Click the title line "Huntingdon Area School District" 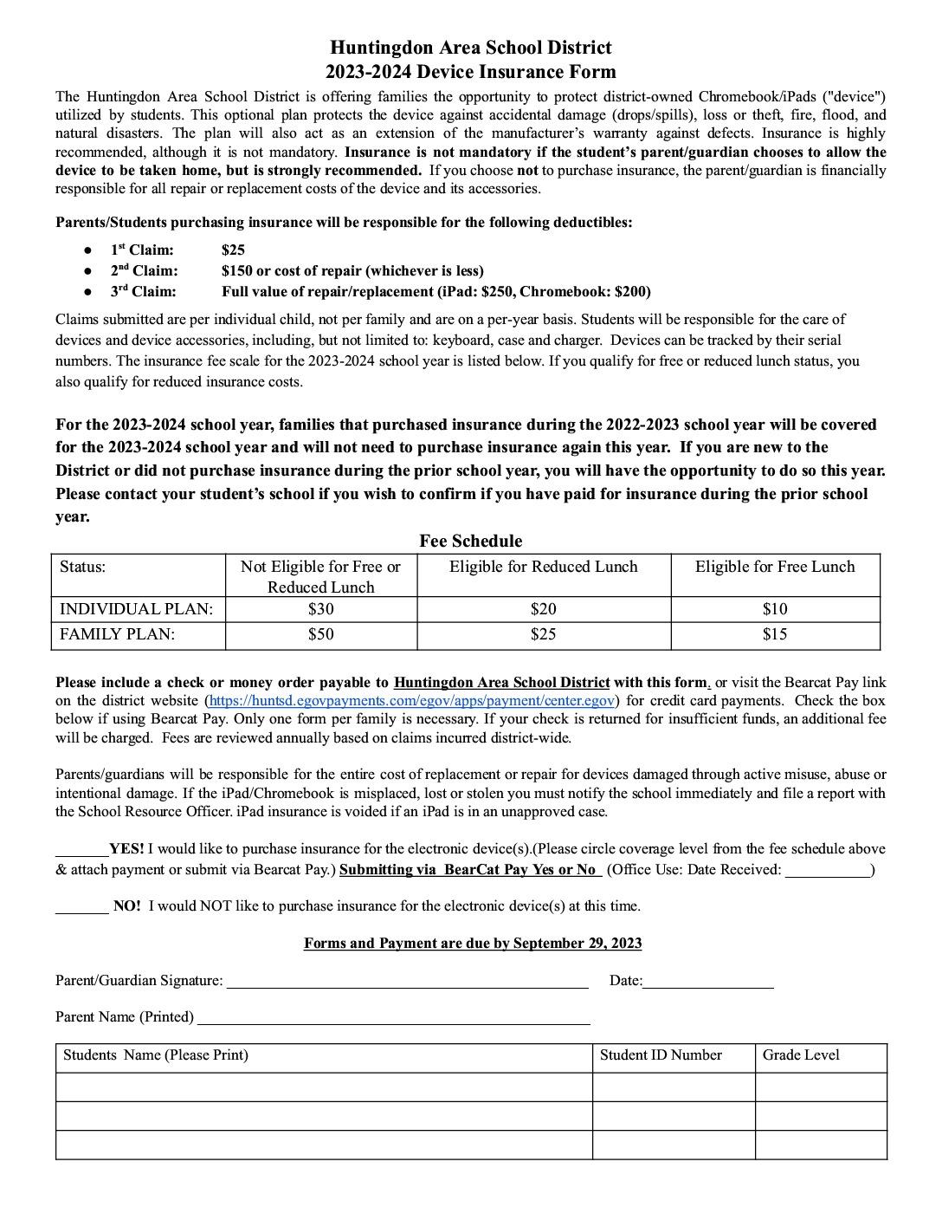click(470, 48)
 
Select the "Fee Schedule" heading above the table click(470, 541)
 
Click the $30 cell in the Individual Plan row click(320, 609)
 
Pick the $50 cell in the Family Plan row click(320, 634)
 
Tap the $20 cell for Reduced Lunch click(543, 609)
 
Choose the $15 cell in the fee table click(774, 634)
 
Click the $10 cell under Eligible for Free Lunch click(774, 609)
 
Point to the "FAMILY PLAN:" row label click(117, 634)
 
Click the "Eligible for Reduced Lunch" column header click(543, 567)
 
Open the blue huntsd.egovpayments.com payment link click(411, 700)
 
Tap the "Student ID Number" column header click(661, 1055)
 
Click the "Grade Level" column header click(801, 1055)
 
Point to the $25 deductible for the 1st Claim click(233, 250)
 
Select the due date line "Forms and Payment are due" click(472, 943)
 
